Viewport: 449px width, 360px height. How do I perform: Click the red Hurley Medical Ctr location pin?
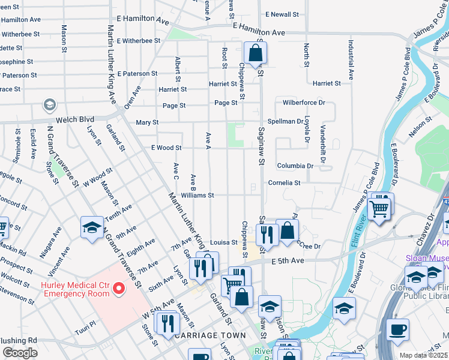coord(119,289)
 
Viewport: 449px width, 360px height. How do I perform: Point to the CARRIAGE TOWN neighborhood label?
coord(209,335)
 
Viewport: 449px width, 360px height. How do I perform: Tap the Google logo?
coord(20,353)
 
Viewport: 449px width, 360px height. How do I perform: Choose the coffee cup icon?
coord(397,329)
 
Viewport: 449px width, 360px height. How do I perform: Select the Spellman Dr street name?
coord(286,121)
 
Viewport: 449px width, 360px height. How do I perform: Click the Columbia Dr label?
coord(295,166)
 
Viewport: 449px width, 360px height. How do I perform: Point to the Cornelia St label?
coord(284,182)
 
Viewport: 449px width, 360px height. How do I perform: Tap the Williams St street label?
coord(197,195)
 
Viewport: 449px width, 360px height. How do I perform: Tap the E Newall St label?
coord(284,14)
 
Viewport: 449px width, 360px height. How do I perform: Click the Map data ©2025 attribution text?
coord(423,355)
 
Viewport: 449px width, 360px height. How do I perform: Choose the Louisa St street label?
coord(223,242)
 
